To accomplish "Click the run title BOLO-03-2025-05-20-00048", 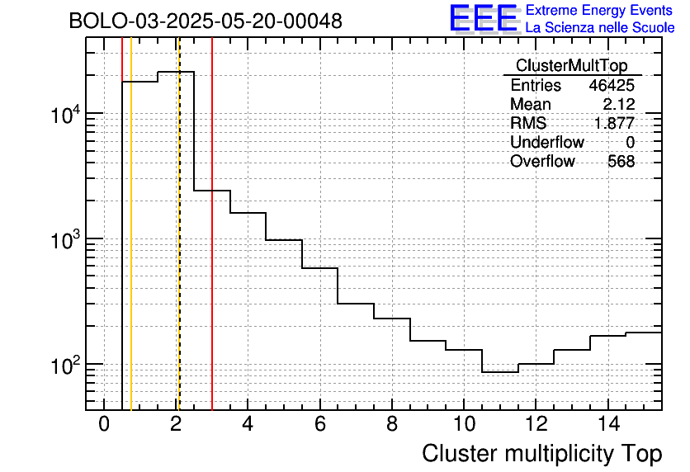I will pyautogui.click(x=206, y=21).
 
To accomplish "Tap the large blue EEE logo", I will pyautogui.click(x=483, y=18).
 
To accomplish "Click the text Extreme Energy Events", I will pyautogui.click(x=600, y=11).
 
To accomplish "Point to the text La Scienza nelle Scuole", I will pyautogui.click(x=600, y=28).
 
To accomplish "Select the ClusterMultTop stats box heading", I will pyautogui.click(x=571, y=66).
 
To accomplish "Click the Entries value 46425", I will pyautogui.click(x=612, y=86).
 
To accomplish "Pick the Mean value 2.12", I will pyautogui.click(x=619, y=105).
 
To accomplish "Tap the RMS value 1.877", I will pyautogui.click(x=615, y=124).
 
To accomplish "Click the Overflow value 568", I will pyautogui.click(x=621, y=162).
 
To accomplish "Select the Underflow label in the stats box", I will pyautogui.click(x=546, y=143).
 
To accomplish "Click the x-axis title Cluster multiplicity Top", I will pyautogui.click(x=541, y=454).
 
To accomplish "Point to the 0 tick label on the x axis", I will pyautogui.click(x=104, y=424).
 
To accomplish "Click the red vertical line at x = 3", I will pyautogui.click(x=212, y=248).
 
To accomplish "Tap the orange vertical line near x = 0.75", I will pyautogui.click(x=131, y=248).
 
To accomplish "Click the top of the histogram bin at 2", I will pyautogui.click(x=176, y=72).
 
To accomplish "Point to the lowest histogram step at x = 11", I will pyautogui.click(x=500, y=372).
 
